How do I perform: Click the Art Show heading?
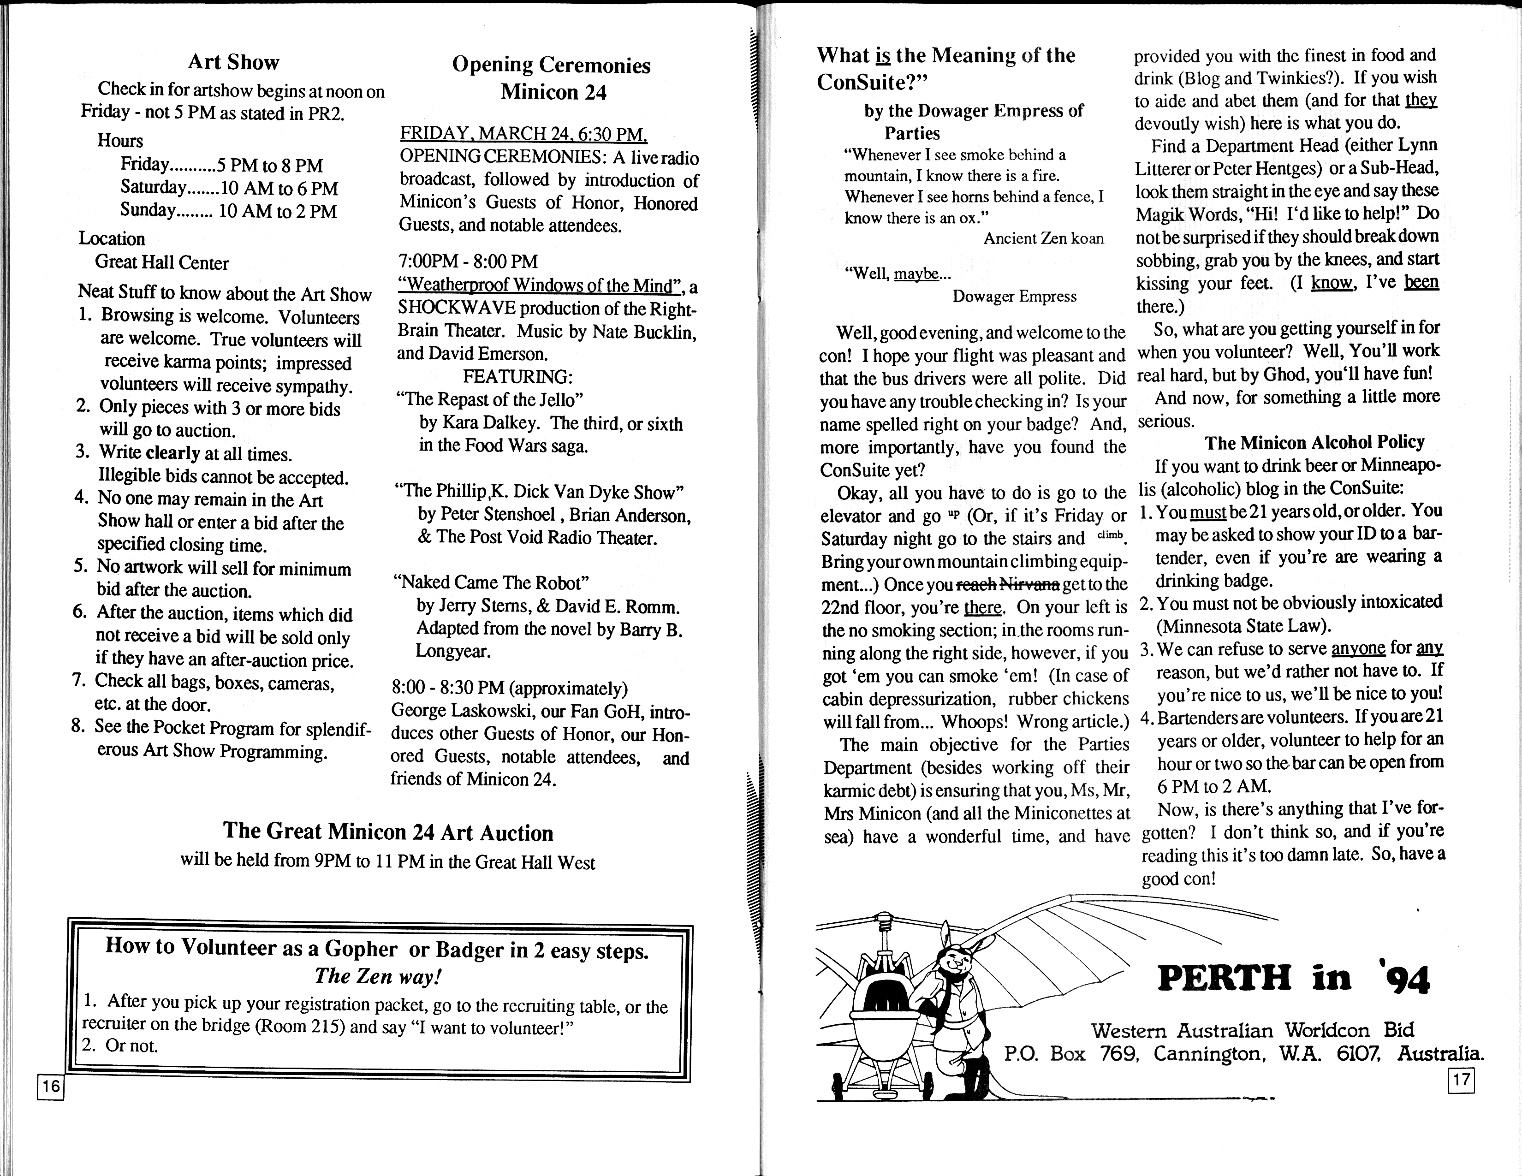233,62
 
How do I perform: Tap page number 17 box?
1462,1080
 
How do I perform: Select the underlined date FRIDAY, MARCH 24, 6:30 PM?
523,133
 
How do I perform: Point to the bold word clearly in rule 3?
173,453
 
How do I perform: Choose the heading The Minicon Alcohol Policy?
1314,442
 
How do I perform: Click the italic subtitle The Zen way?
378,976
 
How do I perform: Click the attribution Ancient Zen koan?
1043,239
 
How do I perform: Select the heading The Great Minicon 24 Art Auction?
388,832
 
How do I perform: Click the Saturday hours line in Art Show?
229,188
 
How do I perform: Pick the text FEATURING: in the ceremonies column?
517,377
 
